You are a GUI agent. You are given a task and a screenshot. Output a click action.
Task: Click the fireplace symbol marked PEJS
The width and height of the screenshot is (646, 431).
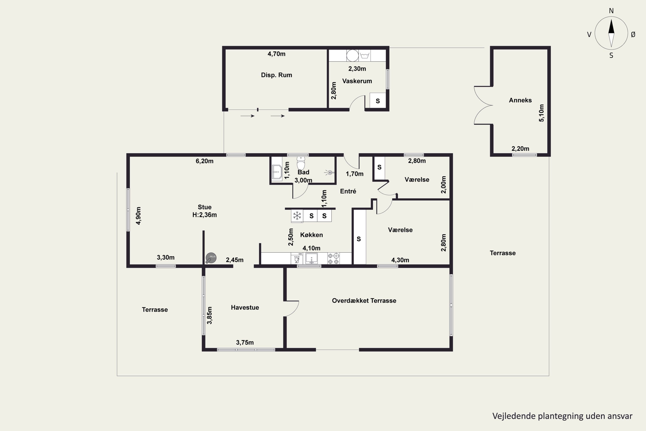click(211, 258)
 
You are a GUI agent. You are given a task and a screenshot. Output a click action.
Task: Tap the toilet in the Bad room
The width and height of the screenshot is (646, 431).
click(301, 163)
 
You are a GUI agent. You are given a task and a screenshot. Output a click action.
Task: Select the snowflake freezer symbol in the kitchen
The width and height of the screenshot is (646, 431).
click(297, 216)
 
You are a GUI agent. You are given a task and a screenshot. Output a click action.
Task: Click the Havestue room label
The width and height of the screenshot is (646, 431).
click(245, 307)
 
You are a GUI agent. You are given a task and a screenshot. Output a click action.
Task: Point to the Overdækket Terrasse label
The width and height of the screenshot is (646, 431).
click(364, 300)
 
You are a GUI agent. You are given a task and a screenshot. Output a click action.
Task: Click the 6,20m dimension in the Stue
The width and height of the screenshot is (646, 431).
click(204, 161)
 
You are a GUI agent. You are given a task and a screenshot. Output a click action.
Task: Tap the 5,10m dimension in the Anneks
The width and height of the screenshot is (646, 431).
click(541, 113)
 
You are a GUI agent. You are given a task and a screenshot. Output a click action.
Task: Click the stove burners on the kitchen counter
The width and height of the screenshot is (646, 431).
click(333, 259)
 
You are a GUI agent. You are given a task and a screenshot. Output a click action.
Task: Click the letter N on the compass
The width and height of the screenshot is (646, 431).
click(611, 11)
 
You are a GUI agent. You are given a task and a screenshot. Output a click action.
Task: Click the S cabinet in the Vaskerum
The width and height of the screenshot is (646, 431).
click(378, 101)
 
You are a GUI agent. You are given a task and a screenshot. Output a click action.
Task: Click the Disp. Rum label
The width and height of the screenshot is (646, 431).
click(276, 75)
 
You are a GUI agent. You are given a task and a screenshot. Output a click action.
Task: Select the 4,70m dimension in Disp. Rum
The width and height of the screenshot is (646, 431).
click(276, 54)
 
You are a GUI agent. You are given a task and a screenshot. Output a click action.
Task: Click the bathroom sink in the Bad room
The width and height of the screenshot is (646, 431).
click(277, 173)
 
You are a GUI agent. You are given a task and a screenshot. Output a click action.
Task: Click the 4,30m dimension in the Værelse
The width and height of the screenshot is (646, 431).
click(400, 260)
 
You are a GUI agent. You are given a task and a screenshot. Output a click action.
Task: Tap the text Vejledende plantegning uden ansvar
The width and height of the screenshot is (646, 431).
click(562, 416)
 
